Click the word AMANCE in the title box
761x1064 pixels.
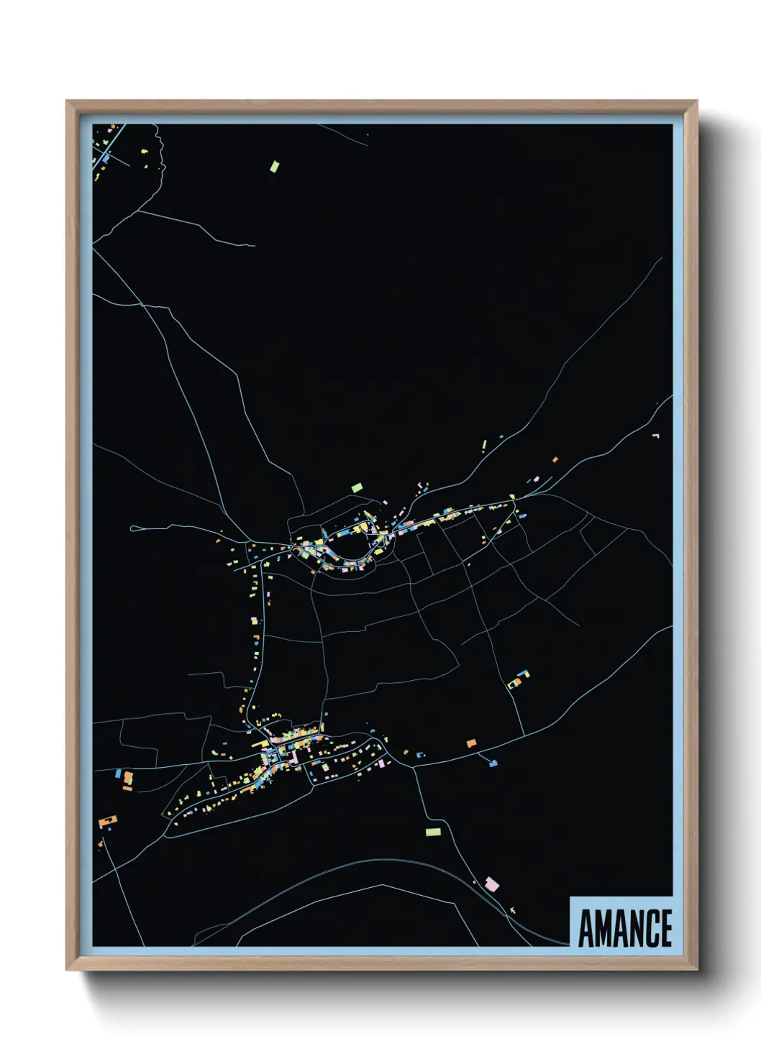click(624, 928)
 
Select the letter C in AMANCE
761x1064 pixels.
click(650, 928)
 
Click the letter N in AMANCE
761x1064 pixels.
click(634, 928)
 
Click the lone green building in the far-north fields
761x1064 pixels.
click(274, 166)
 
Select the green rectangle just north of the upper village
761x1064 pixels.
click(357, 487)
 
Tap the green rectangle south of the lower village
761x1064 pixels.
click(432, 831)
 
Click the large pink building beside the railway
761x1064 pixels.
click(492, 884)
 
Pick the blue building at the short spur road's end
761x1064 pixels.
click(493, 763)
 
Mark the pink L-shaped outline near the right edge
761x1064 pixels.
click(655, 436)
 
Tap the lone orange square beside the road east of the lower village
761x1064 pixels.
click(472, 743)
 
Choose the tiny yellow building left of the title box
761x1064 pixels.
click(513, 911)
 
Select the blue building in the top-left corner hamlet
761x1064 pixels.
click(105, 157)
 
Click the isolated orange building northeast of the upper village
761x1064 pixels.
click(555, 459)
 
